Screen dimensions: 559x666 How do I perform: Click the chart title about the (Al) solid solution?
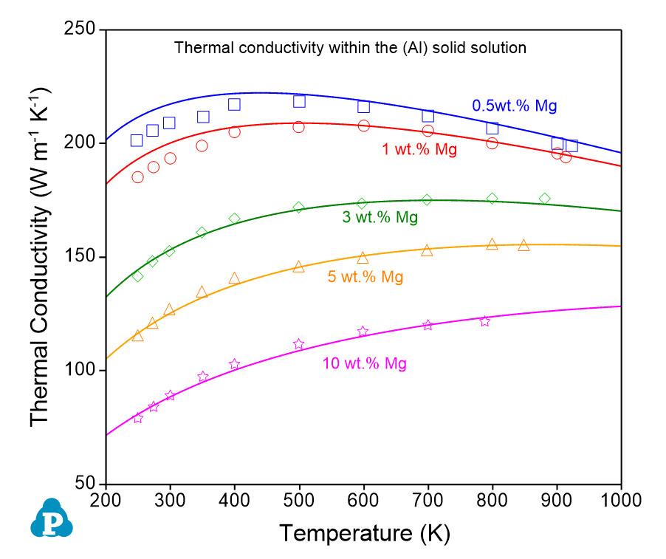pos(350,48)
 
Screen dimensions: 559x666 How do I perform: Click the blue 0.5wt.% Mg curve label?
pos(515,106)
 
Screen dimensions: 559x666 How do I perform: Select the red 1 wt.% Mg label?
pos(419,150)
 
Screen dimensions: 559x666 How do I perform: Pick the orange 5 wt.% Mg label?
pos(365,277)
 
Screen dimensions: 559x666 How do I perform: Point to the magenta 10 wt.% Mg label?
pos(364,363)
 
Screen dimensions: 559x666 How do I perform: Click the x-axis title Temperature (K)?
pos(364,532)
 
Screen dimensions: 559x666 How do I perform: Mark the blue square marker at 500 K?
pos(299,101)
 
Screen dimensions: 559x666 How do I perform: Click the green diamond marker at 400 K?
pos(235,219)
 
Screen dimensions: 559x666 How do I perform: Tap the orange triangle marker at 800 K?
pos(492,244)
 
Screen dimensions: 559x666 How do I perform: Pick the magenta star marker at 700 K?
pos(428,325)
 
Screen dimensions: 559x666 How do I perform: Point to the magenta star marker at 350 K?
pos(203,377)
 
